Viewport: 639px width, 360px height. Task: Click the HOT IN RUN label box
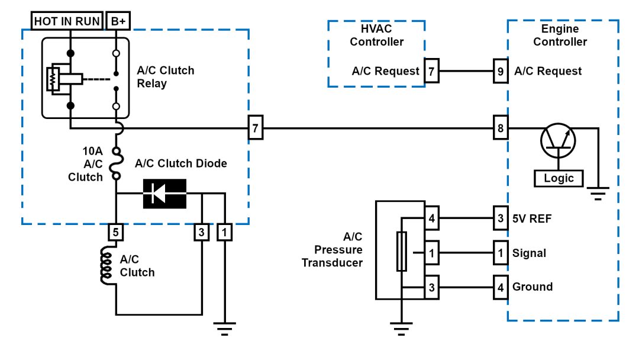67,21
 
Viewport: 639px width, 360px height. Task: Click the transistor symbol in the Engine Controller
557,139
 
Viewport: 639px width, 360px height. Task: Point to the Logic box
559,177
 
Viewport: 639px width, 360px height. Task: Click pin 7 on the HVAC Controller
431,71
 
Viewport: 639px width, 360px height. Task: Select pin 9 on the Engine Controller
501,71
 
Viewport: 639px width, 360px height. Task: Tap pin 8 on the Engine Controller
501,127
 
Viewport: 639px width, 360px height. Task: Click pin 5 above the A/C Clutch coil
116,233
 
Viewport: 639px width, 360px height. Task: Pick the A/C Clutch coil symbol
107,266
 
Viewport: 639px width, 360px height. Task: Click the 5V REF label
532,218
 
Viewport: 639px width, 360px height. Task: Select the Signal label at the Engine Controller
530,253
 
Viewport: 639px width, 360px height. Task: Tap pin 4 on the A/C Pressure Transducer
432,218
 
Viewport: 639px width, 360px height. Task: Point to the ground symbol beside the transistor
598,193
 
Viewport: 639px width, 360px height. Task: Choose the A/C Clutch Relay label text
165,77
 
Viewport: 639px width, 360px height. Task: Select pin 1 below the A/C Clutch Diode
224,233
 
